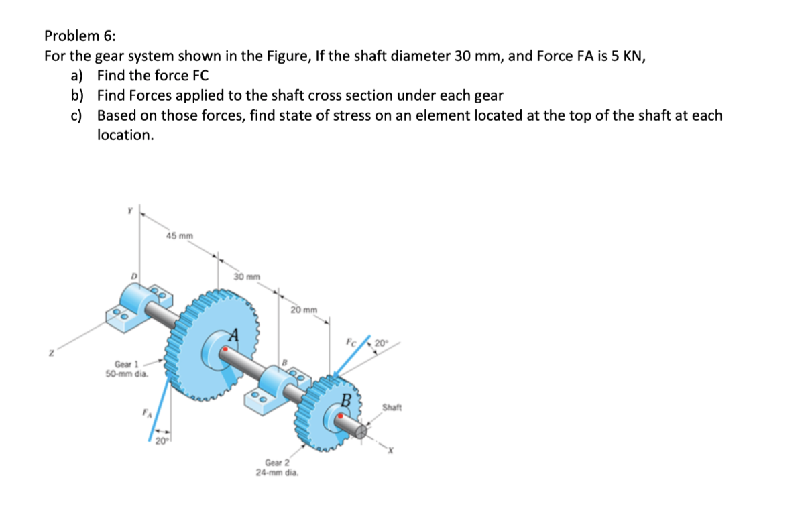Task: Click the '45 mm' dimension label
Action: point(180,235)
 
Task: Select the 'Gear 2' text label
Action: point(277,463)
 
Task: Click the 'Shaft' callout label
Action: point(392,407)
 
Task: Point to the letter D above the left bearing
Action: point(134,276)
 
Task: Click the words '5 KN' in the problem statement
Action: point(626,56)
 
